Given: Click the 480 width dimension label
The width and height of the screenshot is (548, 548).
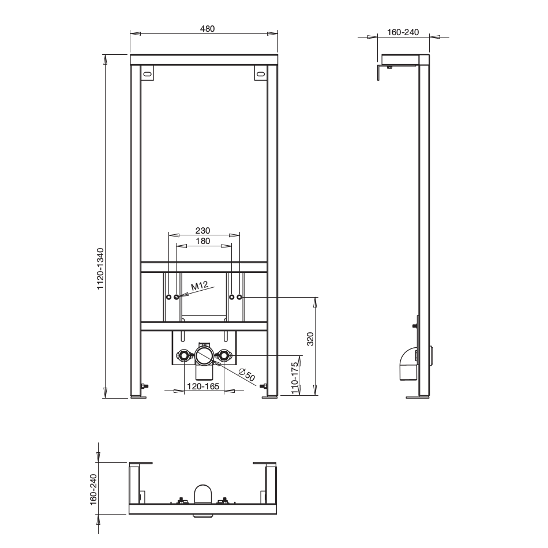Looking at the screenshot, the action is click(x=207, y=29).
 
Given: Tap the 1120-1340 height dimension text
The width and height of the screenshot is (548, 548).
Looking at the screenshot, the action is click(x=100, y=268).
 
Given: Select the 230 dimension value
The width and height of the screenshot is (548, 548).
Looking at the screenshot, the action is click(x=202, y=231).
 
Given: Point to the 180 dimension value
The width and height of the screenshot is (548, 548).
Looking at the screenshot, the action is click(x=203, y=241).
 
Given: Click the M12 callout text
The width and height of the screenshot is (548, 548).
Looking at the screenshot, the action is click(x=200, y=286).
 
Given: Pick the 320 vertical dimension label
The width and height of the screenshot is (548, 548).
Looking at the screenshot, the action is click(x=310, y=339).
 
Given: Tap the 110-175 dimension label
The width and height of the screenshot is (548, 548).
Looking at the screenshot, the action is click(x=295, y=378).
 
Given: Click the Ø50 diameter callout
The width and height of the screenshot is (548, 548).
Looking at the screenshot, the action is click(x=247, y=374).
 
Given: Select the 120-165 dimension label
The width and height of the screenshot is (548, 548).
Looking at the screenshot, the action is click(x=203, y=386).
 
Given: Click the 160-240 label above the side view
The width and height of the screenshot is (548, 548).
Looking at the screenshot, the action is click(x=403, y=32).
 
